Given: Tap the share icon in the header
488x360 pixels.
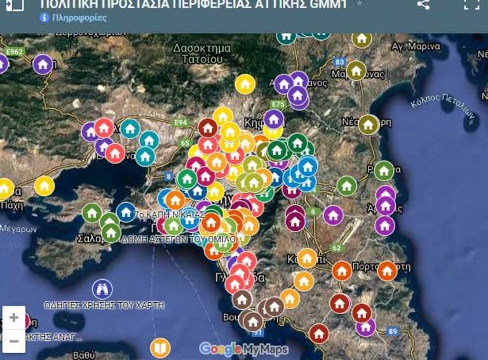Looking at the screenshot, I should [x=423, y=4].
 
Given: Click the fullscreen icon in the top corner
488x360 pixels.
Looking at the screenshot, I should [x=471, y=4].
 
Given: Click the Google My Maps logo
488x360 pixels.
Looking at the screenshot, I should [x=243, y=349].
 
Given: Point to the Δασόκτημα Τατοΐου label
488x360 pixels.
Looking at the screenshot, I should [x=198, y=53].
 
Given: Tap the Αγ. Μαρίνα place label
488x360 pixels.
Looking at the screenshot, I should [x=416, y=46].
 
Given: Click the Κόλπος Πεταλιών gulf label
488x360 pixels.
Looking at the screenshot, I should [x=443, y=106].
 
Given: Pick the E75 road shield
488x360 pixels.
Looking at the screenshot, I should [x=278, y=104].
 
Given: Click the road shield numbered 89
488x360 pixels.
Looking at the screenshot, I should [x=393, y=331].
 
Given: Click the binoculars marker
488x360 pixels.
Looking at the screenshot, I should [x=102, y=289].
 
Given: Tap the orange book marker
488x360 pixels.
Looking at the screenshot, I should [x=160, y=348].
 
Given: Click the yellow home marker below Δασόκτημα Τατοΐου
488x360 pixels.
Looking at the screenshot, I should [x=245, y=84].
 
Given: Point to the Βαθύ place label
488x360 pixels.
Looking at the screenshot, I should [x=84, y=354].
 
